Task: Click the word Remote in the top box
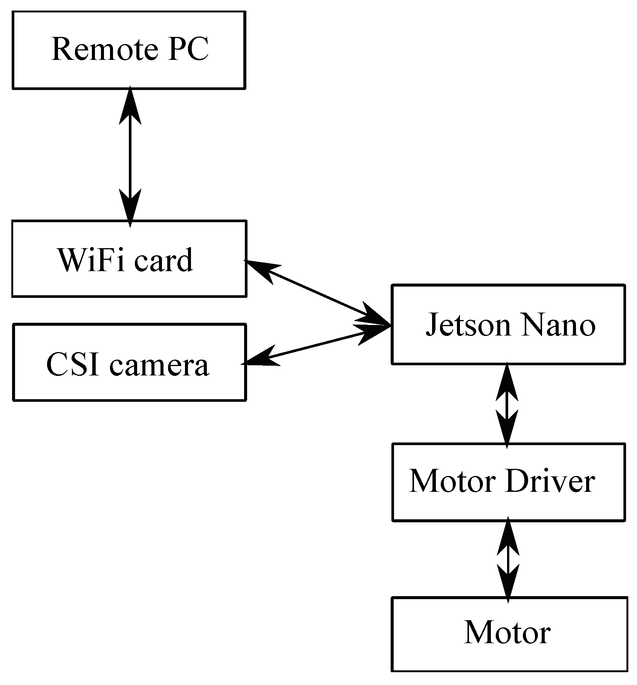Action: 104,49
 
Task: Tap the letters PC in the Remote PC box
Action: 188,49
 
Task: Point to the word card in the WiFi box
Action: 163,260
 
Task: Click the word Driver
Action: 550,481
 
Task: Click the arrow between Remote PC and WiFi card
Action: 130,157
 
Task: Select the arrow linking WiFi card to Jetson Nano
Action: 318,293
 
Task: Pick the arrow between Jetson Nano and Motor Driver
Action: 507,405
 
